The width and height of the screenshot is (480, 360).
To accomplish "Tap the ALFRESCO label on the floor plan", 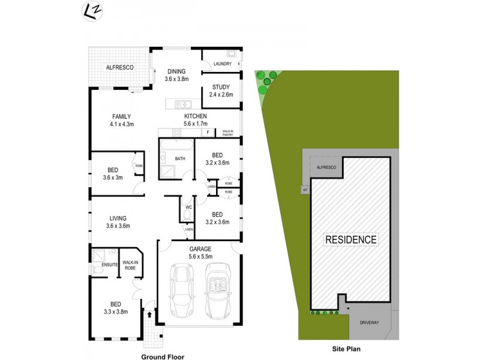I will click(119, 68).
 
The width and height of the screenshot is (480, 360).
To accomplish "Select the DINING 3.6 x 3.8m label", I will click(176, 75).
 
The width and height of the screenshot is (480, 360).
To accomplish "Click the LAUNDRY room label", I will click(221, 64).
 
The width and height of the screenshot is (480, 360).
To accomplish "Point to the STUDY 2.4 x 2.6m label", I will click(221, 91).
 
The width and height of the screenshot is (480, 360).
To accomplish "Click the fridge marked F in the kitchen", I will click(208, 132).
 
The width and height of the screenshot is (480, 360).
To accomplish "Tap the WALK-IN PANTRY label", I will click(227, 133).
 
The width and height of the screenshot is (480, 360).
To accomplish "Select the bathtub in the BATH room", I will click(176, 146).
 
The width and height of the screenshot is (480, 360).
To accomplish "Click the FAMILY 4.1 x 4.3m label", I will click(121, 120).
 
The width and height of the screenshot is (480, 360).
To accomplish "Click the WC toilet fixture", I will click(187, 214).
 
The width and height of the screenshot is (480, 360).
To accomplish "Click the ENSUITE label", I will click(109, 265).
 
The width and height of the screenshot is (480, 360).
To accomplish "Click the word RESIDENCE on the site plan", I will click(351, 239).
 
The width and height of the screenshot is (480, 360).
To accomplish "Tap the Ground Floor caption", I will click(161, 356).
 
